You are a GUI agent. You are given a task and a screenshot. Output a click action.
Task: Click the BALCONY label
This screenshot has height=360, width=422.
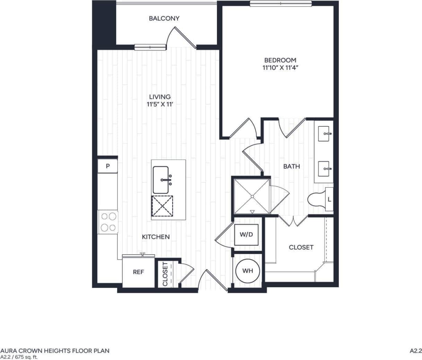point(164,18)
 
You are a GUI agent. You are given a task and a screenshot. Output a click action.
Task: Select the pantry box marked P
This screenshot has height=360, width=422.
point(108,166)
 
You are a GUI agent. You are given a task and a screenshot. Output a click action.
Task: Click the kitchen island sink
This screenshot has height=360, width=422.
point(161,180)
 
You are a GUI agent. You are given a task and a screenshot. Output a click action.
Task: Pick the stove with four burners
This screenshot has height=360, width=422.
point(108,222)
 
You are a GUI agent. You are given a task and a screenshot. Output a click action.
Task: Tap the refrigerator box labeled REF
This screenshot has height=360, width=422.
point(138,272)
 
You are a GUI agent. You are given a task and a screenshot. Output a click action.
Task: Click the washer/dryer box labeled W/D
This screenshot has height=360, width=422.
point(246,235)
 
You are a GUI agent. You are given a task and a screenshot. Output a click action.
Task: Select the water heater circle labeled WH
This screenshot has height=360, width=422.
point(247,271)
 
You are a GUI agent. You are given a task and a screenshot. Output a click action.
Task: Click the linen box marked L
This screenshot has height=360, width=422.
point(329,199)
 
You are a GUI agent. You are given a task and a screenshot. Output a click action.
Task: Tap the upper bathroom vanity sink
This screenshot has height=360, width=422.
point(325,133)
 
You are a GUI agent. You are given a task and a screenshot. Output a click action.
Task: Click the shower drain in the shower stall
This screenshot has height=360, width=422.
point(252,197)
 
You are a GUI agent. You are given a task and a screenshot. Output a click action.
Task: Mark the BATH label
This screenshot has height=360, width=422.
point(291,166)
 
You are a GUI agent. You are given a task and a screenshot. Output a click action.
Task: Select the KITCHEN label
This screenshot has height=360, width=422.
point(156,237)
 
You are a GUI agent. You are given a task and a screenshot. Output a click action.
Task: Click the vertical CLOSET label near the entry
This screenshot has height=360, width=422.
point(165,274)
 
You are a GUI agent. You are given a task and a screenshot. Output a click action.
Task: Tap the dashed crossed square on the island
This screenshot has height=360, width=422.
point(162,206)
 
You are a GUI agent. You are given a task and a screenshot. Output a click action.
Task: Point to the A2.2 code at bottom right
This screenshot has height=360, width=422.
point(415,351)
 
